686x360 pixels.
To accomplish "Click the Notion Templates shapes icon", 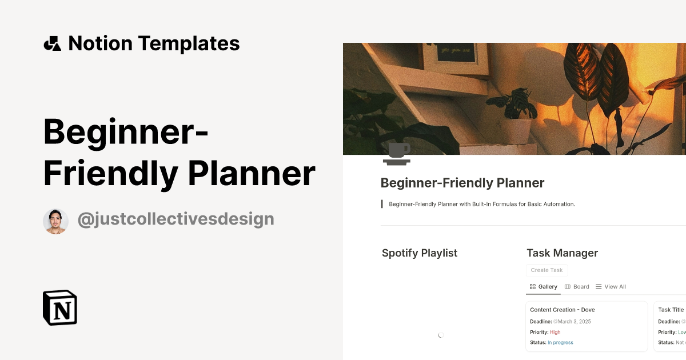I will point(53,43).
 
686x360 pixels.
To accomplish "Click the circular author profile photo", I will point(55,221).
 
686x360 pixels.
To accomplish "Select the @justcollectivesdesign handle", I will point(176,219).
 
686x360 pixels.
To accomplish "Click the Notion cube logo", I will point(60,307).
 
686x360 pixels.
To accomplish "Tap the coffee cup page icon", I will point(397,154).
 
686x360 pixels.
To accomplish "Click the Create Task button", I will point(547,270).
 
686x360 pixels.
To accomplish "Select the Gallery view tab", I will point(543,287).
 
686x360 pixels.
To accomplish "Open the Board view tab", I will point(577,287).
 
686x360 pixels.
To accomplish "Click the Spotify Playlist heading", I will point(420,253).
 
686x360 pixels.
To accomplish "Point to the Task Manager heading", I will point(562,253).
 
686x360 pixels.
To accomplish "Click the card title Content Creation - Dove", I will point(562,310).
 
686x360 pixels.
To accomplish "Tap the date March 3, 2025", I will point(574,322).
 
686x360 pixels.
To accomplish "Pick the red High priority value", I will point(555,332).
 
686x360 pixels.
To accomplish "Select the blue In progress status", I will point(560,343).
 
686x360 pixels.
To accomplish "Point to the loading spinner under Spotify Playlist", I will point(441,335).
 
